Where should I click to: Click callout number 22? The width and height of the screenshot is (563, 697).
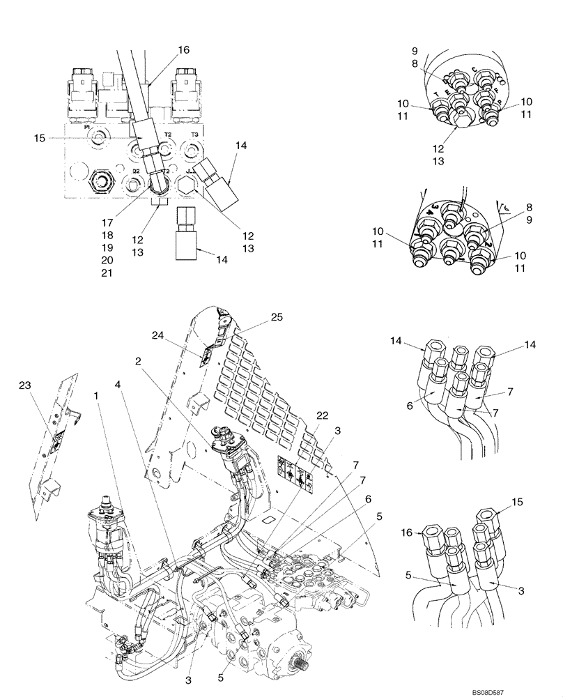click(x=322, y=415)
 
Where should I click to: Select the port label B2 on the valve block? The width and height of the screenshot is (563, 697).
click(x=137, y=169)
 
